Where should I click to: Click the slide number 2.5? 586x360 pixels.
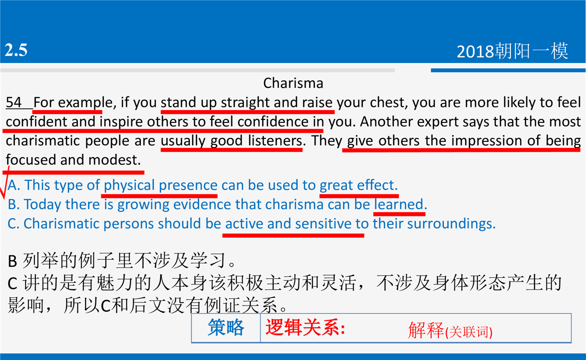click(x=16, y=50)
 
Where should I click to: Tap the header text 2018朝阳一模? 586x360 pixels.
click(x=512, y=51)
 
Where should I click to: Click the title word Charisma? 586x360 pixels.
click(x=293, y=83)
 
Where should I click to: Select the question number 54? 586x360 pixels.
click(x=14, y=102)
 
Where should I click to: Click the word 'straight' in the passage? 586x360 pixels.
click(x=245, y=102)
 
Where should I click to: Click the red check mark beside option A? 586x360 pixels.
click(x=4, y=183)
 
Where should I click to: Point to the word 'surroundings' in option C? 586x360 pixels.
click(x=451, y=223)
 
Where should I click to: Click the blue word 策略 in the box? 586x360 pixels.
click(x=226, y=327)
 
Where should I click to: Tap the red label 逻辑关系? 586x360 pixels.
click(x=305, y=328)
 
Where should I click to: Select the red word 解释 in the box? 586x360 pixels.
click(x=425, y=330)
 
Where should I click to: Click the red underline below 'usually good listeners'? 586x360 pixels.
click(x=231, y=150)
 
